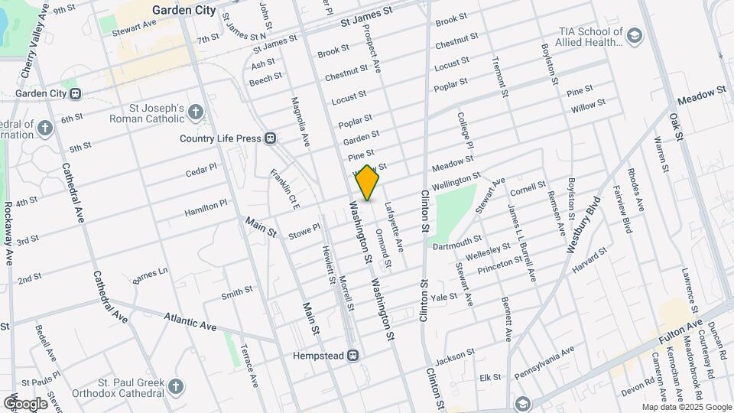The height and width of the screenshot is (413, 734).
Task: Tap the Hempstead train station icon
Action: (x=353, y=356)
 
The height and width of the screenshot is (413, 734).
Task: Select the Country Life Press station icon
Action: (x=270, y=138)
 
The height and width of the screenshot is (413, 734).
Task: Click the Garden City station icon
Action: (x=75, y=94)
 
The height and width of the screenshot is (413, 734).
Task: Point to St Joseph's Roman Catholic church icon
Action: (x=196, y=114)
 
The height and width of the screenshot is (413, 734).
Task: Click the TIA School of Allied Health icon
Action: (x=634, y=35)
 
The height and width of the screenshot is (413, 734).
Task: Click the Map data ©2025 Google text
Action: (x=687, y=408)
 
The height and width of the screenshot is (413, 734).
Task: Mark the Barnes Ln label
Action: (x=150, y=275)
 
